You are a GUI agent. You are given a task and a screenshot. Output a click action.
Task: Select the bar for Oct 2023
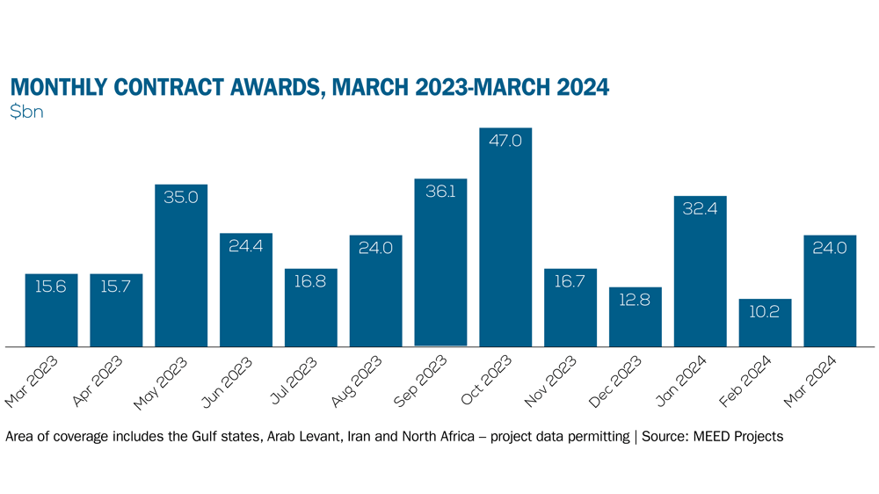click(505, 237)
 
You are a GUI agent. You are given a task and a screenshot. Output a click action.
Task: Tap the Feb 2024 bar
click(765, 323)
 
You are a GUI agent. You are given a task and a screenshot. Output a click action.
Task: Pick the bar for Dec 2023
click(636, 316)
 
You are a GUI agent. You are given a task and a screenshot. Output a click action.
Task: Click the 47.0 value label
click(505, 141)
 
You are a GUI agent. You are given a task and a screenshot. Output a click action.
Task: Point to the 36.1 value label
click(440, 192)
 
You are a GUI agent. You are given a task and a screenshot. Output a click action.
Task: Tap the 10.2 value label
click(765, 312)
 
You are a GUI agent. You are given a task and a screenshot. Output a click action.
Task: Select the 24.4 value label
click(246, 246)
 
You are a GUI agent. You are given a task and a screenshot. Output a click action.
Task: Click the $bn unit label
click(26, 113)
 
